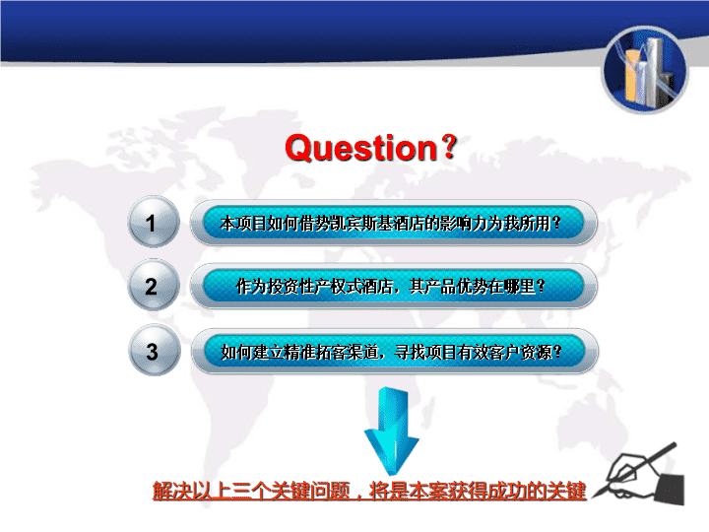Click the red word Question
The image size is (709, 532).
(x=361, y=148)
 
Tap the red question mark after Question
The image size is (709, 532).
(x=449, y=146)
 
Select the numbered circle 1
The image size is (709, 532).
(x=154, y=222)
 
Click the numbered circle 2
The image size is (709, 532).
(x=154, y=286)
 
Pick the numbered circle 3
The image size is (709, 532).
(x=155, y=351)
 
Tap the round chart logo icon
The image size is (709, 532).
(x=645, y=69)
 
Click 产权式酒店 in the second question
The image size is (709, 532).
(x=354, y=287)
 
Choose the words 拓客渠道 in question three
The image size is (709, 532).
(x=347, y=352)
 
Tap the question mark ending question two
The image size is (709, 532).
(x=540, y=286)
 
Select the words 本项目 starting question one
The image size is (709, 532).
(x=243, y=223)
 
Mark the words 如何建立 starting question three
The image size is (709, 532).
(x=252, y=352)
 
